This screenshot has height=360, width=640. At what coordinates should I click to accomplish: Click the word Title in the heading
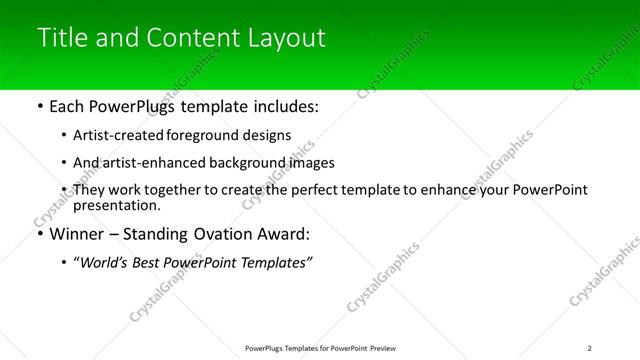pos(61,38)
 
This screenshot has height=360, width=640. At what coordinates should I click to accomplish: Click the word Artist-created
pos(111,134)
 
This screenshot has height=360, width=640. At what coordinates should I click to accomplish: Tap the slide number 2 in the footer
pos(590,348)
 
